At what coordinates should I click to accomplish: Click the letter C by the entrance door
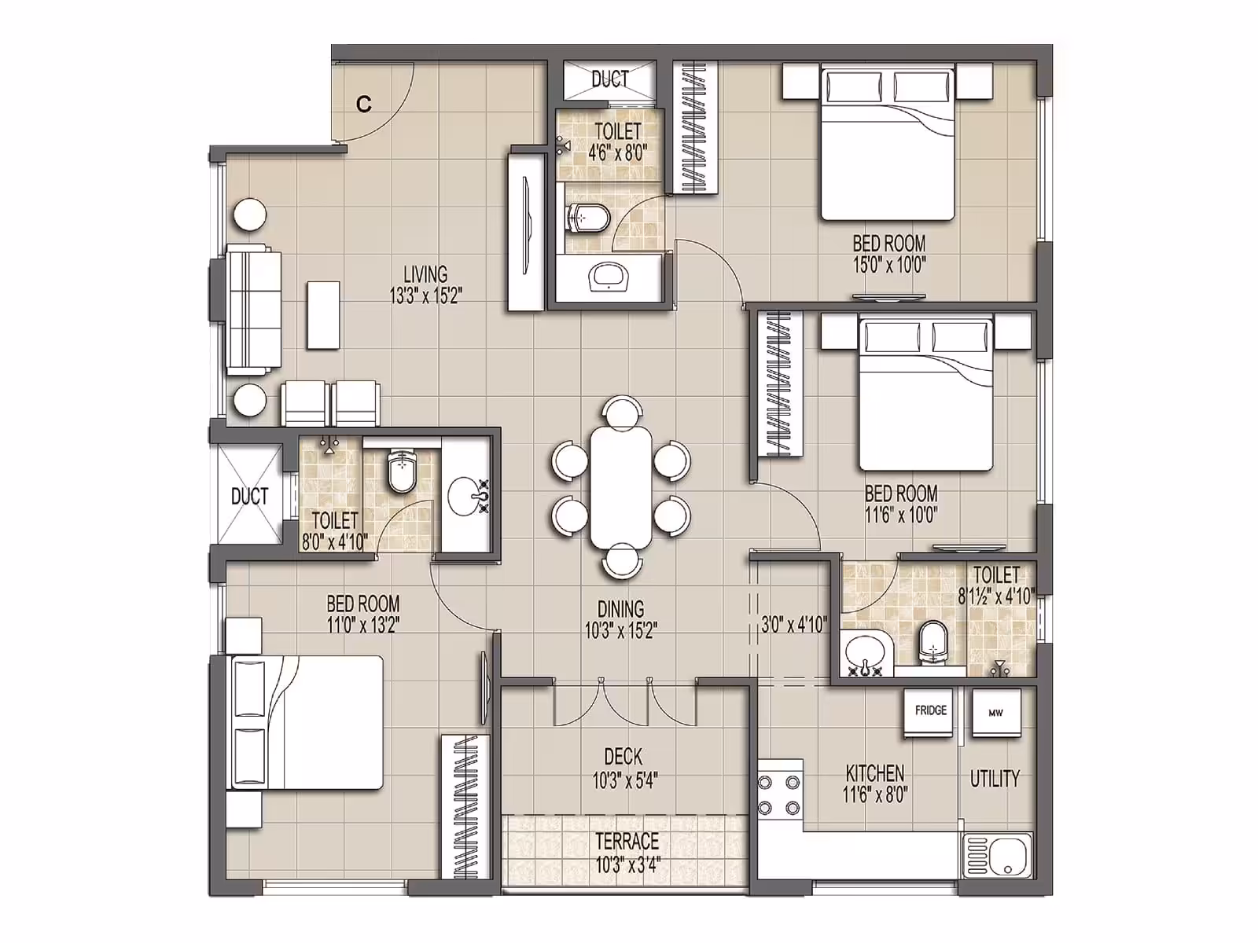tap(364, 105)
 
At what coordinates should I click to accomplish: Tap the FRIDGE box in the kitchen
tap(930, 713)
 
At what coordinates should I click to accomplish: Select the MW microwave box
tap(997, 713)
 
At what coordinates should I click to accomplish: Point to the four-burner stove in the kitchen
tap(779, 794)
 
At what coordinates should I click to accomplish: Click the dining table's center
tap(621, 486)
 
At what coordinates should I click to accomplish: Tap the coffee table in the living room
tap(323, 314)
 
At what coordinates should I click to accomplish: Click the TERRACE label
tap(627, 841)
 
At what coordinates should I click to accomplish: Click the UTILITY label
tap(995, 778)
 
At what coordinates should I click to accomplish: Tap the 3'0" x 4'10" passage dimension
tap(794, 624)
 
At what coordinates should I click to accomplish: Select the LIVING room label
tap(425, 273)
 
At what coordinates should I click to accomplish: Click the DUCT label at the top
tap(610, 79)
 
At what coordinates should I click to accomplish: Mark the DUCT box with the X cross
tap(249, 494)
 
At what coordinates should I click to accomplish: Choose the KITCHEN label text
tap(875, 773)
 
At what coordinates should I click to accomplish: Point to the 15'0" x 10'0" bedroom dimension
tap(889, 265)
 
